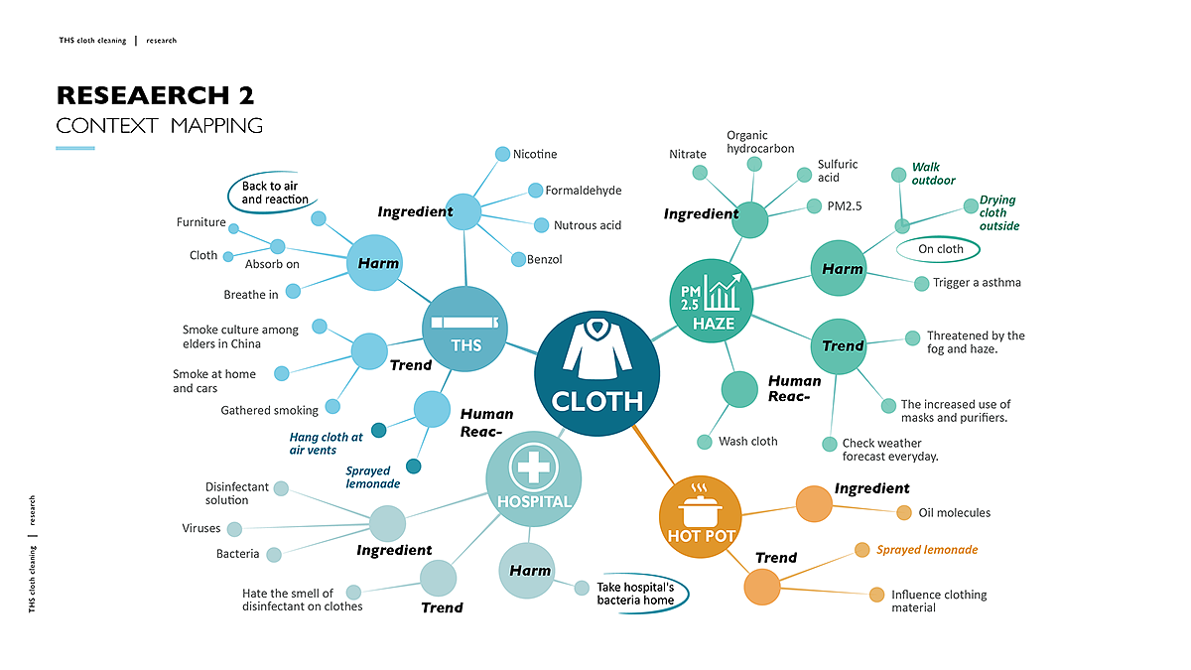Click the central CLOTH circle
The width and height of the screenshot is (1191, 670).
tap(596, 374)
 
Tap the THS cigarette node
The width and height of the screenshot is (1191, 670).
tap(465, 329)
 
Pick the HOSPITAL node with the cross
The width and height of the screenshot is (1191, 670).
tap(533, 477)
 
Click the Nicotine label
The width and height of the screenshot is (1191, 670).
tap(535, 154)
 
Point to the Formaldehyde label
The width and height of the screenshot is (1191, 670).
tap(584, 190)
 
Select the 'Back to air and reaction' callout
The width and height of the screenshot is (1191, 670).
tap(269, 193)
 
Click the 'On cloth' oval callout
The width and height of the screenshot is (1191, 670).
tap(940, 249)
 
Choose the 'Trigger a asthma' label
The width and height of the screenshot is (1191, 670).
tap(977, 283)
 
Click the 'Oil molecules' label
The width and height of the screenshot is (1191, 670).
tap(953, 513)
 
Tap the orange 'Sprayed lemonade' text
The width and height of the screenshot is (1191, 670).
tap(927, 549)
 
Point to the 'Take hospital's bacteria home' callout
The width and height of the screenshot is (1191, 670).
tap(635, 593)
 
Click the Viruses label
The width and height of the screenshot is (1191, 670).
tap(200, 528)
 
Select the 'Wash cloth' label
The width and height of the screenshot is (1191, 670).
tap(747, 441)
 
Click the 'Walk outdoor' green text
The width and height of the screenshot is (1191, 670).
tap(933, 174)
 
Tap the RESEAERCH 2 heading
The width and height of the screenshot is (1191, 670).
tap(156, 95)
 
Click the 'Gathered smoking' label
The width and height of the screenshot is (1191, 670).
tap(269, 410)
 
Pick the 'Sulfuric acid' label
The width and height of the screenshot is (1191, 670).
tap(837, 171)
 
